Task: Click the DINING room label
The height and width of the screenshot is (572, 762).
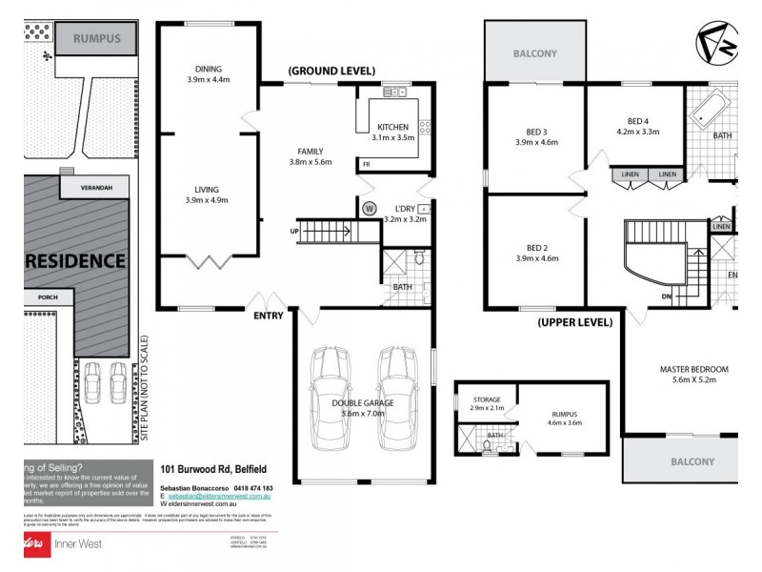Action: point(207,69)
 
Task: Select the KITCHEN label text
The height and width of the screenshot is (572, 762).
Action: point(392,127)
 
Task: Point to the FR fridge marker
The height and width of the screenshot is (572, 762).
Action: point(367,165)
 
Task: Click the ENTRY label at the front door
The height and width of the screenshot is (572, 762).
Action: point(268,316)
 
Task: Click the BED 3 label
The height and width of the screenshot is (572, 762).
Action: point(535,131)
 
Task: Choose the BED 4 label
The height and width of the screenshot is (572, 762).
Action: point(637,120)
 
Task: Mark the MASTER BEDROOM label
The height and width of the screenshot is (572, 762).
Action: point(693,369)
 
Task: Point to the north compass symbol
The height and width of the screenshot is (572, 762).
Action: point(715,43)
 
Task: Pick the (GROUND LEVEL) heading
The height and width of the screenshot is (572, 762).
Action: point(332,71)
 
